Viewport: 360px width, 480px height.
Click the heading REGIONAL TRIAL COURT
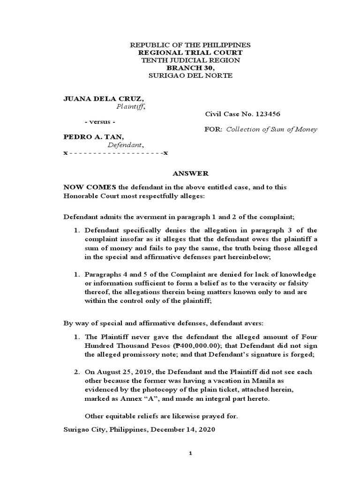[x=190, y=52]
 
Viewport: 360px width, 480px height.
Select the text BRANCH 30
[x=189, y=68]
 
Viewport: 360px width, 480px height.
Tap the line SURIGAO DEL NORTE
[x=190, y=75]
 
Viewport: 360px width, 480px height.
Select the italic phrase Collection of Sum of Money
[x=272, y=129]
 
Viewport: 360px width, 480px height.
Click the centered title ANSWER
[x=190, y=173]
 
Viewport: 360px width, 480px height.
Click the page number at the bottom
[x=190, y=453]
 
